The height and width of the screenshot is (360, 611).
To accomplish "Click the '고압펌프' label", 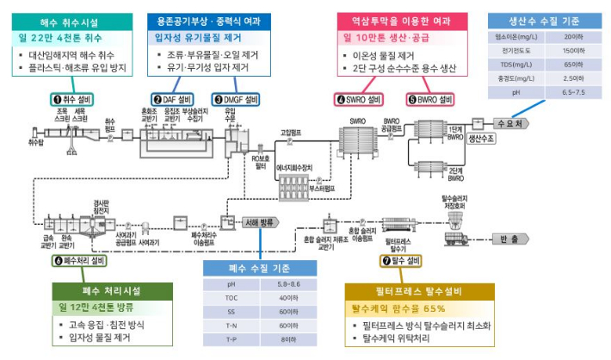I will point(290,133).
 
